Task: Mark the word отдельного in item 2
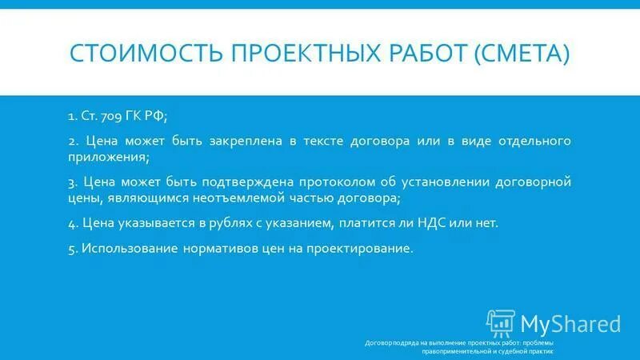coord(535,141)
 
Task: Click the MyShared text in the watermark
coord(570,323)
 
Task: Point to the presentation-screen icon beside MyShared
coord(501,322)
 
